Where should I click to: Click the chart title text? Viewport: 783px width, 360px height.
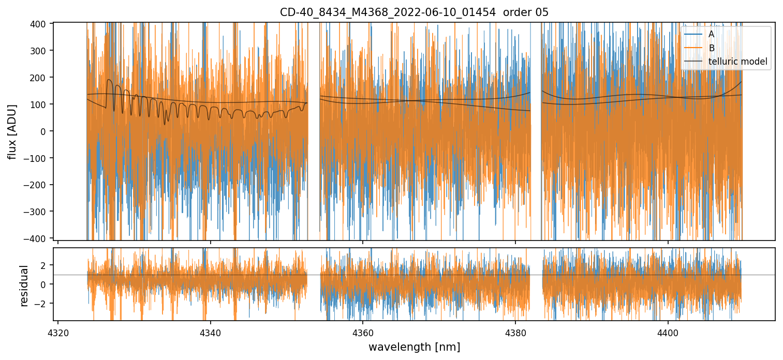tap(414, 12)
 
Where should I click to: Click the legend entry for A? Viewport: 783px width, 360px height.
tap(712, 34)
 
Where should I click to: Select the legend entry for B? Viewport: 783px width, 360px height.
tap(712, 48)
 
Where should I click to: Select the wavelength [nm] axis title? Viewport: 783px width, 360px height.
tap(414, 347)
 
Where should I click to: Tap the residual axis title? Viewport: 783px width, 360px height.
tap(24, 286)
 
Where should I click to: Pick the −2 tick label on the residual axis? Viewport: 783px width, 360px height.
tap(41, 303)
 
